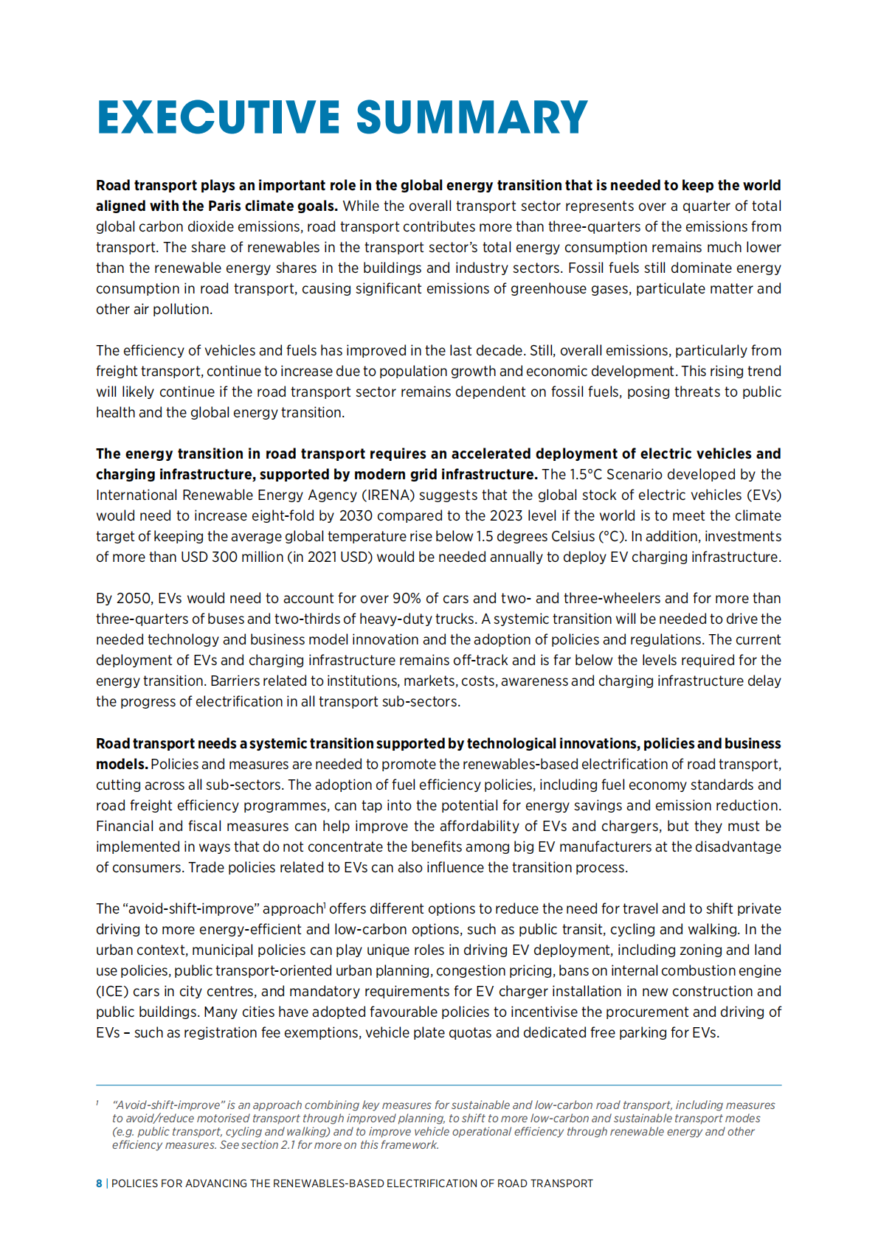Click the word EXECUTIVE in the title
click(x=218, y=118)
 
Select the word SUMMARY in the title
click(x=472, y=118)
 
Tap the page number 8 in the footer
click(x=99, y=1183)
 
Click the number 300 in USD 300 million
click(x=224, y=557)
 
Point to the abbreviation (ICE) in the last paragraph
click(x=112, y=991)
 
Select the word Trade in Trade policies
click(x=206, y=867)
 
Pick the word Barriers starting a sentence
click(x=236, y=681)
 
